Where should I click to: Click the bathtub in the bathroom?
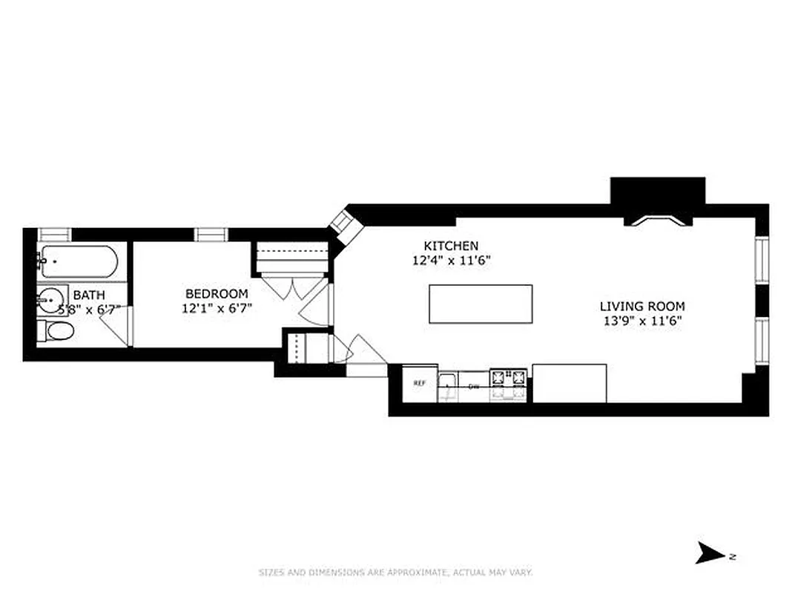(x=79, y=261)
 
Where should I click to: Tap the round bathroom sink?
(x=50, y=302)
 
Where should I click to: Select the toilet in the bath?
(x=56, y=331)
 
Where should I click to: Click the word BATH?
(x=88, y=295)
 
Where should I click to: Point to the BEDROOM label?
(x=217, y=293)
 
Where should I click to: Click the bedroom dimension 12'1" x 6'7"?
(x=218, y=308)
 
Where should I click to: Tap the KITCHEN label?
(x=451, y=246)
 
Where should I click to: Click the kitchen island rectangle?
(x=481, y=304)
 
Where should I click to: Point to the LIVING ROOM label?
(x=642, y=306)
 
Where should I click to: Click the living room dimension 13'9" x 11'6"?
(x=642, y=321)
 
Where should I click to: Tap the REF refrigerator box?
(x=419, y=383)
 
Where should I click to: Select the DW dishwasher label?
(x=474, y=386)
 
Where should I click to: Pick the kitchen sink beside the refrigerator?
(x=448, y=383)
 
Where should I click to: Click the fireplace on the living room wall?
(x=658, y=219)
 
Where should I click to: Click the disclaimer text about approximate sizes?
(x=395, y=572)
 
